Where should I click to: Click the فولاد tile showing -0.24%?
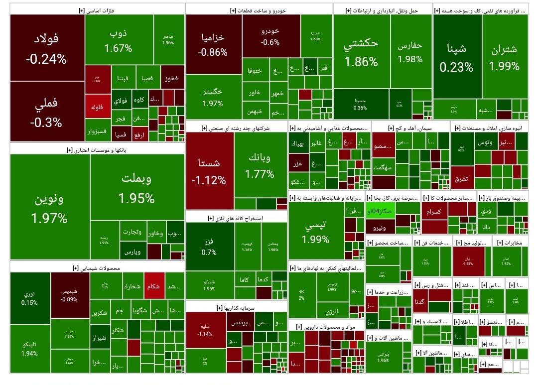tap(47, 48)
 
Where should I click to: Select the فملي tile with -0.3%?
tap(47, 112)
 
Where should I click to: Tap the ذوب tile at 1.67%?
tap(119, 40)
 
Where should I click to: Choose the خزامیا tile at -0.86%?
tap(213, 44)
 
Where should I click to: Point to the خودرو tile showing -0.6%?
tap(270, 36)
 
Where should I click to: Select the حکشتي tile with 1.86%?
tap(361, 52)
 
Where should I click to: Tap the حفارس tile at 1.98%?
tap(410, 52)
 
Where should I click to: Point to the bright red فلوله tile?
tap(97, 107)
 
